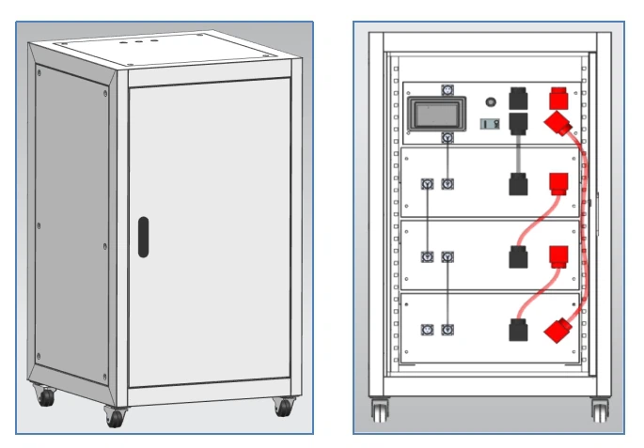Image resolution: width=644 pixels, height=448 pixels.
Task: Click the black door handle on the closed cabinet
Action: click(x=142, y=238)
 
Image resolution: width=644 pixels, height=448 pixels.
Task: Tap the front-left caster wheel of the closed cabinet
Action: click(x=116, y=417)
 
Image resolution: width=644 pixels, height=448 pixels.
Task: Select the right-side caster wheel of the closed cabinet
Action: click(x=282, y=406)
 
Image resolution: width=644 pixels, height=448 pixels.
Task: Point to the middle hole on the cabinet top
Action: click(x=139, y=41)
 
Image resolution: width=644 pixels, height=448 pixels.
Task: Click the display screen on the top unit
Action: click(x=433, y=116)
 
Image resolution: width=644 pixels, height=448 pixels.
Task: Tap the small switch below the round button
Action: click(x=489, y=123)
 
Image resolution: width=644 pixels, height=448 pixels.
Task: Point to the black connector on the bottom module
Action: click(x=516, y=330)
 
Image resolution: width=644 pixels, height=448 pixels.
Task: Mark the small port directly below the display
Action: click(x=448, y=138)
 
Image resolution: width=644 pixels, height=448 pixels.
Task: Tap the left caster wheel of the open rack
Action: click(x=379, y=409)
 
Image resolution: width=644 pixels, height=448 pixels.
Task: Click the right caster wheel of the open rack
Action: click(x=600, y=409)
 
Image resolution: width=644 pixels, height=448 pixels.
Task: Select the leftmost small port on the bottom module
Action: click(x=426, y=329)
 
